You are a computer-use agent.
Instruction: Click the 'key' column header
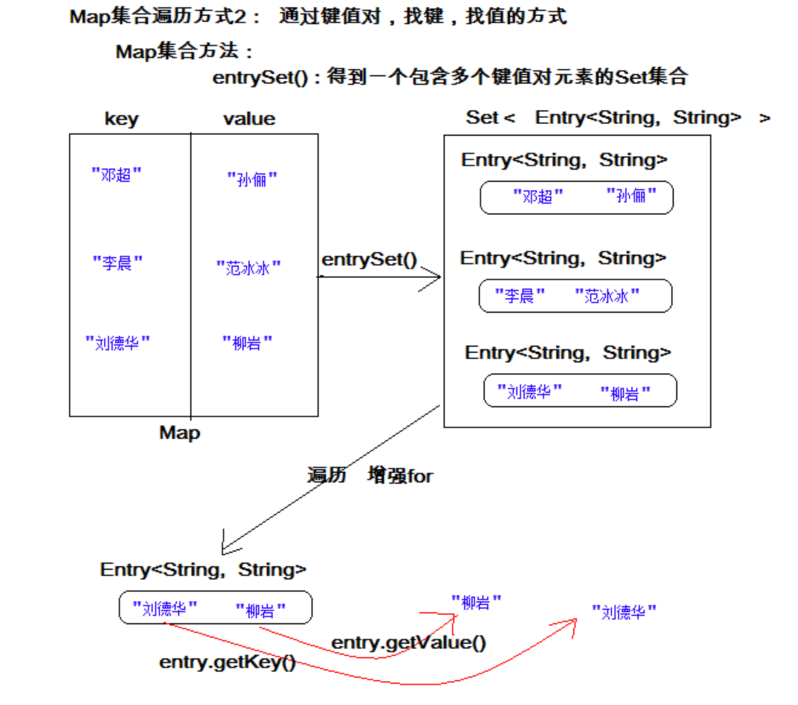(121, 119)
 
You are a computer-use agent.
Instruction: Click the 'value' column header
(248, 119)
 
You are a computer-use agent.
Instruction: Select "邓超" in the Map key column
(116, 175)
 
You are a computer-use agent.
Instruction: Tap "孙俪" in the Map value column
(251, 179)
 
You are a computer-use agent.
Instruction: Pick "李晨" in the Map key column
(117, 263)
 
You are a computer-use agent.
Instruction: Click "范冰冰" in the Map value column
(248, 268)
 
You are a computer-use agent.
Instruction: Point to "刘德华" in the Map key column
(117, 343)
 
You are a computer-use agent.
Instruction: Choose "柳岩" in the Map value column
(247, 343)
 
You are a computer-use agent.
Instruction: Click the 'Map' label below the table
(179, 433)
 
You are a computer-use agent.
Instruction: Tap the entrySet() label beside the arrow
(369, 259)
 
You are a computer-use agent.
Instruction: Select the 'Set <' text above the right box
(490, 118)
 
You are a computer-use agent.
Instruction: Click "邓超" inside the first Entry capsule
(537, 196)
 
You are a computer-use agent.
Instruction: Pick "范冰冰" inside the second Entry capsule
(607, 296)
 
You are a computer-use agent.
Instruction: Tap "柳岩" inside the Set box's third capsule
(625, 394)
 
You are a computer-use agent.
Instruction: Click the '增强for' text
(400, 476)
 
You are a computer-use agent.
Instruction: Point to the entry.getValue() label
(408, 643)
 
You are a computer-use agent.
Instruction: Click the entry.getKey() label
(227, 662)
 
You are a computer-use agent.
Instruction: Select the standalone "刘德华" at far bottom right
(623, 612)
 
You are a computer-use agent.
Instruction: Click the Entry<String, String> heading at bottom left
(203, 570)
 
